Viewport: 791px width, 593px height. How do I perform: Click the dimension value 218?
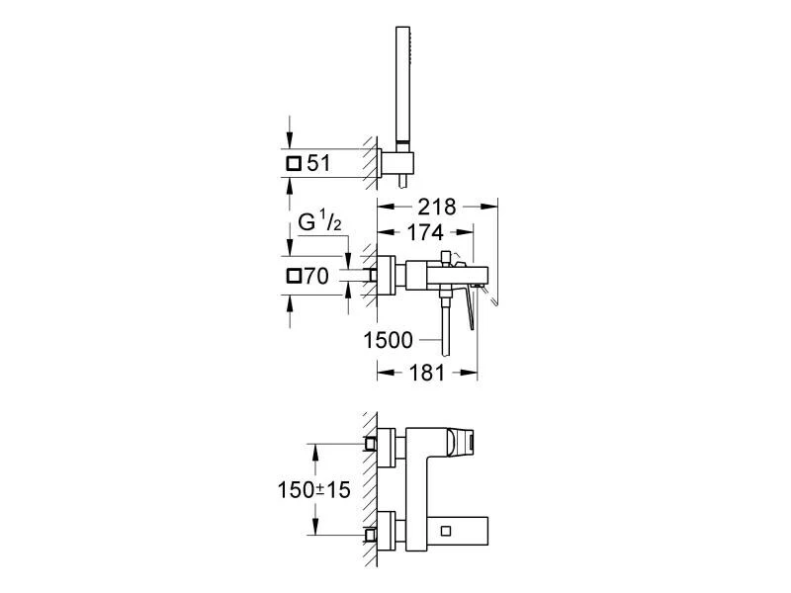[x=437, y=208]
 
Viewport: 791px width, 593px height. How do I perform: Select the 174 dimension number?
[x=425, y=232]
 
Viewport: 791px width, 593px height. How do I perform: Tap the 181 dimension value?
[x=427, y=374]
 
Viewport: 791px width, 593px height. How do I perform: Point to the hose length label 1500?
[x=389, y=340]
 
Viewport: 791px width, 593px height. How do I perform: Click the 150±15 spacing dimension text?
[x=313, y=489]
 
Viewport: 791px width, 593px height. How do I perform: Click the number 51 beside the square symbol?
[x=318, y=163]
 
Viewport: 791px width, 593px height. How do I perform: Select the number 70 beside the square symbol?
[x=316, y=277]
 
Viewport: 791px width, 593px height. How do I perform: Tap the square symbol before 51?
[x=294, y=164]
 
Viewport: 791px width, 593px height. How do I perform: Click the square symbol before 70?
[x=294, y=277]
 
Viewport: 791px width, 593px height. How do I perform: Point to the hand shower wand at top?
[x=403, y=85]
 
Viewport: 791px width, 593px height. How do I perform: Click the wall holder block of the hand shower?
[x=397, y=163]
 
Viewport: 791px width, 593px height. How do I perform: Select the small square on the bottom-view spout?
[x=446, y=531]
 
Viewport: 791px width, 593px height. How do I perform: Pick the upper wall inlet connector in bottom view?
[x=371, y=444]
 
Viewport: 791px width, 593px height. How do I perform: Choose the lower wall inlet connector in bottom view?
[x=371, y=535]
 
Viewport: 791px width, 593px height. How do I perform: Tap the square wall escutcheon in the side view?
[x=387, y=275]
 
